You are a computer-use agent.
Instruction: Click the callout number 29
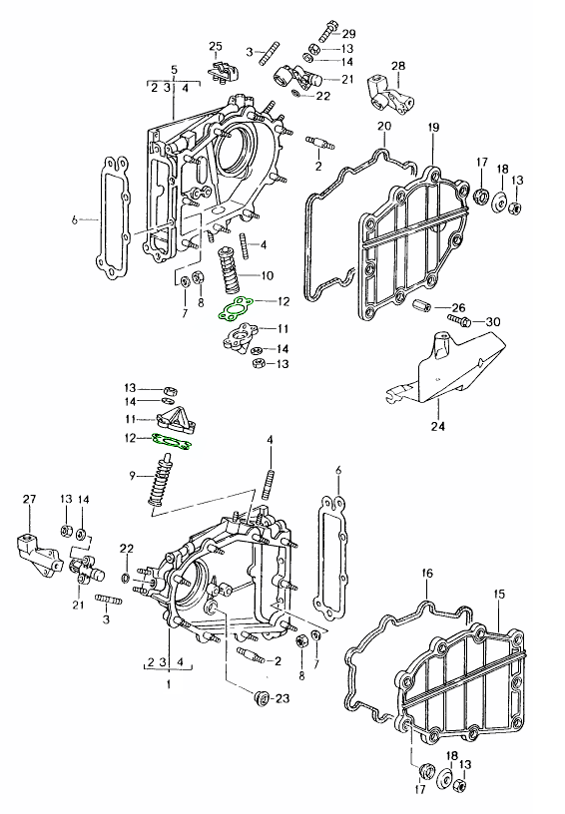(348, 34)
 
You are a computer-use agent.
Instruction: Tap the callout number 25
(216, 46)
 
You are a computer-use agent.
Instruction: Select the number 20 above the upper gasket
(383, 126)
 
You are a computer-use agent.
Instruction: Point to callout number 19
(433, 127)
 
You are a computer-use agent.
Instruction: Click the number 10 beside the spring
(267, 275)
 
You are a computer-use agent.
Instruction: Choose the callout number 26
(458, 306)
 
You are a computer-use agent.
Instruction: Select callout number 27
(29, 498)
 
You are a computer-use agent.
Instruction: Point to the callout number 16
(427, 574)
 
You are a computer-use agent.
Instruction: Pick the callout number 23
(282, 698)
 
